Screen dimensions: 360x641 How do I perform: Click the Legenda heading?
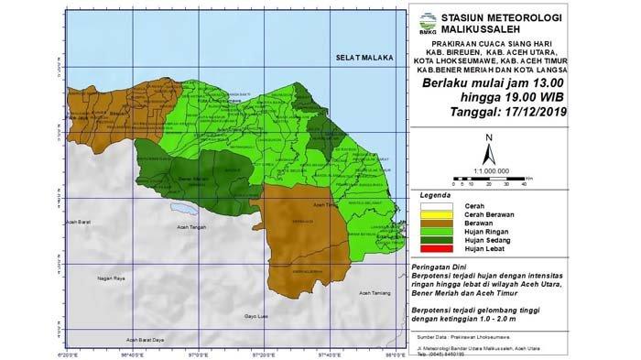click(x=436, y=197)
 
